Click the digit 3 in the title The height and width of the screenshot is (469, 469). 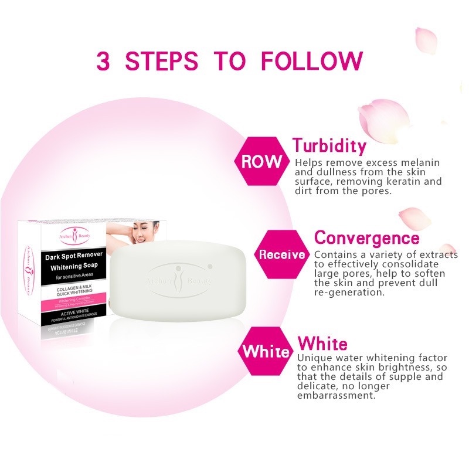pyautogui.click(x=103, y=61)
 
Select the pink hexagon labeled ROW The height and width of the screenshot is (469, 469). pyautogui.click(x=261, y=162)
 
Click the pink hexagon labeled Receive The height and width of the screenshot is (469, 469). pyautogui.click(x=282, y=254)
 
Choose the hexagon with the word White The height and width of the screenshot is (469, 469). pyautogui.click(x=266, y=352)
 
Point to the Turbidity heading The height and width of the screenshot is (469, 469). pyautogui.click(x=329, y=145)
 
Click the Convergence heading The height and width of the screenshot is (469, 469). pyautogui.click(x=367, y=238)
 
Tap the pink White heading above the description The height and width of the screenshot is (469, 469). pyautogui.click(x=322, y=344)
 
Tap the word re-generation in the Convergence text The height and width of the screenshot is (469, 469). pyautogui.click(x=349, y=292)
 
